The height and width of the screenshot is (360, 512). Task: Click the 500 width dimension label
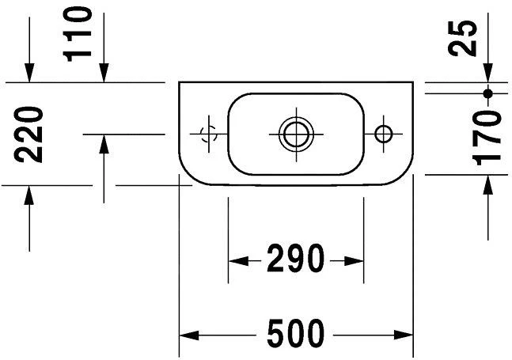296,333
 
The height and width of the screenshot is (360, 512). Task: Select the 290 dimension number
296,259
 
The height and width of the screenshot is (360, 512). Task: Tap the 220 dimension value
28,135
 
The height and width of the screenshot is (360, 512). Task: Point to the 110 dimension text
77,34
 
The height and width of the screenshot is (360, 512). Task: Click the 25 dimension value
462,38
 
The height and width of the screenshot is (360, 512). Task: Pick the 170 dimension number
487,138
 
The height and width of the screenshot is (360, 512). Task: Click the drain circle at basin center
296,135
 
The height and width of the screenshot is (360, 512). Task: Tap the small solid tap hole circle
384,134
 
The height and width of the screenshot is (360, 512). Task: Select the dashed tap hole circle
209,134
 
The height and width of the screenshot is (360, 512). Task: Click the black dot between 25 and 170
487,93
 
